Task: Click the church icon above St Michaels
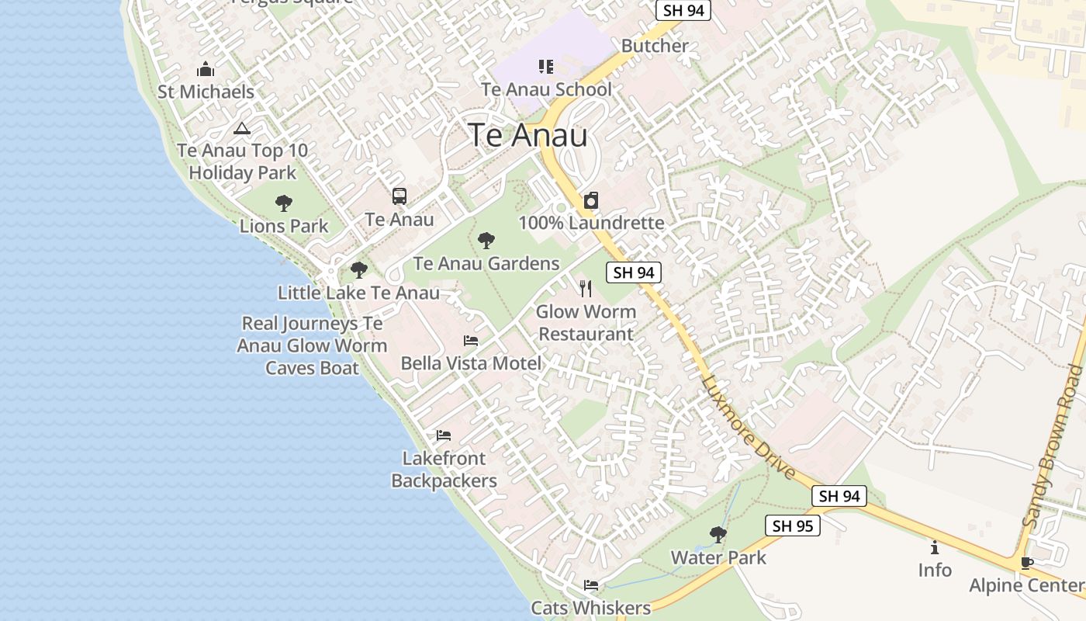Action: [206, 69]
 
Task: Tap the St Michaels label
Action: [206, 92]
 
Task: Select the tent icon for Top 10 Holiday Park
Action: [242, 129]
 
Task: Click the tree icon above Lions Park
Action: [284, 203]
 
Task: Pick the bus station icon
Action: [399, 196]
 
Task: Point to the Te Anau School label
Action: [546, 89]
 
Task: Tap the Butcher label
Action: [655, 46]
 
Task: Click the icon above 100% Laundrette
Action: [591, 200]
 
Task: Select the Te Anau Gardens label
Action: [486, 263]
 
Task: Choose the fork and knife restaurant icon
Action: [586, 289]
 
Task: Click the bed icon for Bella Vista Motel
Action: [471, 341]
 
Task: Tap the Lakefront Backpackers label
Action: [444, 470]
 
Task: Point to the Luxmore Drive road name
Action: [748, 428]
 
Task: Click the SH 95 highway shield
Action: [793, 526]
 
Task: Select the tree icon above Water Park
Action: [718, 534]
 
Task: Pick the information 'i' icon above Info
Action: [935, 547]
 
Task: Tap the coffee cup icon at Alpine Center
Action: [1027, 563]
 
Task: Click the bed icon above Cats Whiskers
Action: [591, 585]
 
